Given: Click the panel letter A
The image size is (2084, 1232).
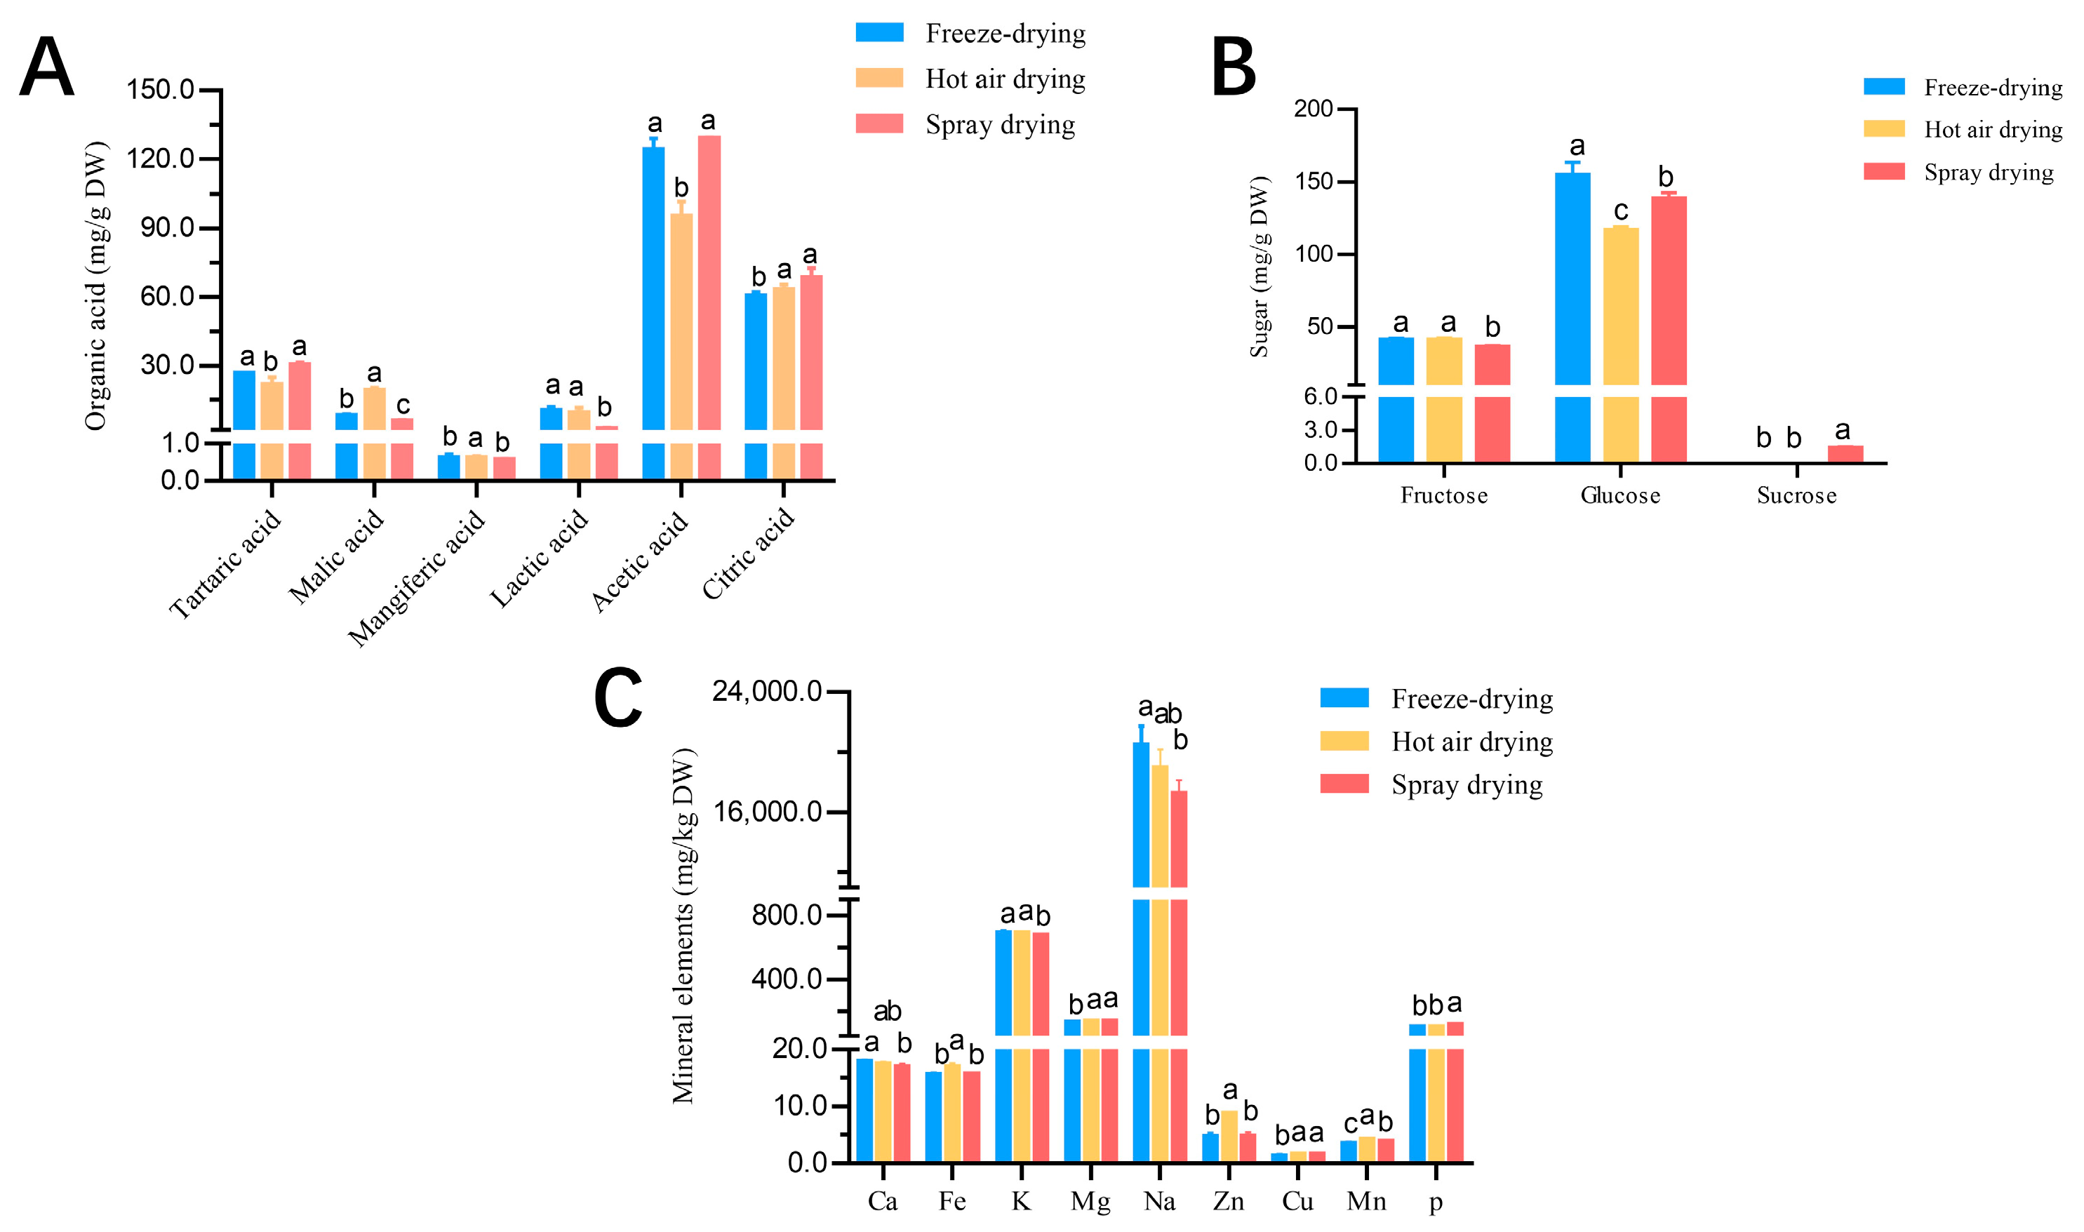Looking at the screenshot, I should pyautogui.click(x=46, y=67).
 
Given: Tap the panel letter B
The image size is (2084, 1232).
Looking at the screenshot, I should pyautogui.click(x=1233, y=67).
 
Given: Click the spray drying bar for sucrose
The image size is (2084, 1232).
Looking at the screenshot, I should pyautogui.click(x=1845, y=453).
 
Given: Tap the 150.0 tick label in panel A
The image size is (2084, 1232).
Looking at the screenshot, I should pyautogui.click(x=160, y=89).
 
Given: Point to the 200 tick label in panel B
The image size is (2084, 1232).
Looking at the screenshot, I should pyautogui.click(x=1313, y=109).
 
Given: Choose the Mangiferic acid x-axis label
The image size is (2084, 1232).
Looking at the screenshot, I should pyautogui.click(x=415, y=578).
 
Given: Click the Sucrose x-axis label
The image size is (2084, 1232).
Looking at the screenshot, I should pyautogui.click(x=1796, y=495).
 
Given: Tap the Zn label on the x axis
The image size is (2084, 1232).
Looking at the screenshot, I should pyautogui.click(x=1228, y=1201).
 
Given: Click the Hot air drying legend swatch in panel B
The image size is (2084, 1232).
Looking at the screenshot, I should pyautogui.click(x=1883, y=128).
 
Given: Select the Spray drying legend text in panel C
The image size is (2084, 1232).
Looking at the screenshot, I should pyautogui.click(x=1467, y=784).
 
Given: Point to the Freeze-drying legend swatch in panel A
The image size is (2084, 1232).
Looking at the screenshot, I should pyautogui.click(x=879, y=32).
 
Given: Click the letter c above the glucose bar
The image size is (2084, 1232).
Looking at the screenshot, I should pyautogui.click(x=1621, y=211).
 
